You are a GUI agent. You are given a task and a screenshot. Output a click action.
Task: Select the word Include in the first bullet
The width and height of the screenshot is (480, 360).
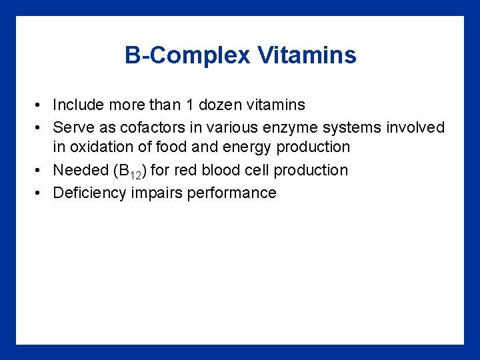pyautogui.click(x=77, y=105)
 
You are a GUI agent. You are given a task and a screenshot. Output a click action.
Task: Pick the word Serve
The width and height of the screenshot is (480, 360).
pyautogui.click(x=71, y=127)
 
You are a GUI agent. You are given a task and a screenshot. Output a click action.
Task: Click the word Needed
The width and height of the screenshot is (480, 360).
pyautogui.click(x=75, y=170)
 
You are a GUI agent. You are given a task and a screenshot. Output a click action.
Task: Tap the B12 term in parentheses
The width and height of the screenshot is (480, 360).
pyautogui.click(x=131, y=171)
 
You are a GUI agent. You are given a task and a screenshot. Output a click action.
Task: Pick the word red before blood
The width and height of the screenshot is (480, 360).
pyautogui.click(x=187, y=170)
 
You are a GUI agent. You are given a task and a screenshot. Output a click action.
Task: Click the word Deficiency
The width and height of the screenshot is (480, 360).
pyautogui.click(x=88, y=193)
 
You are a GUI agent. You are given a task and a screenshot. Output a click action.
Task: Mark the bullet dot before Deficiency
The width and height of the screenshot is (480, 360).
pyautogui.click(x=41, y=193)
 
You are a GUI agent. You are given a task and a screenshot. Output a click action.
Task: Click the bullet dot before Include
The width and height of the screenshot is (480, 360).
pyautogui.click(x=41, y=105)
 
